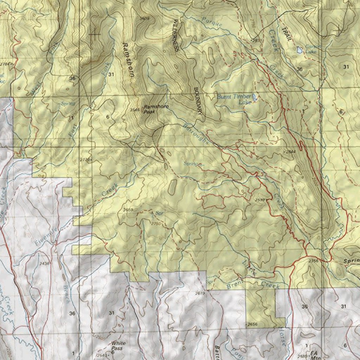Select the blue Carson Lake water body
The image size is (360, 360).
(299, 50)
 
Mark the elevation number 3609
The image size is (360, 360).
(144, 18)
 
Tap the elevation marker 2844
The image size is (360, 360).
(291, 151)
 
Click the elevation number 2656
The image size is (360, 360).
(253, 324)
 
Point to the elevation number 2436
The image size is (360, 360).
(45, 263)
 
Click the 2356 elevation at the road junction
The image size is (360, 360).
(314, 261)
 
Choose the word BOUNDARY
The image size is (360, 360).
(198, 101)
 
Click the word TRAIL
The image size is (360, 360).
(287, 34)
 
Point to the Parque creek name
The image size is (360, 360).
(213, 22)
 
